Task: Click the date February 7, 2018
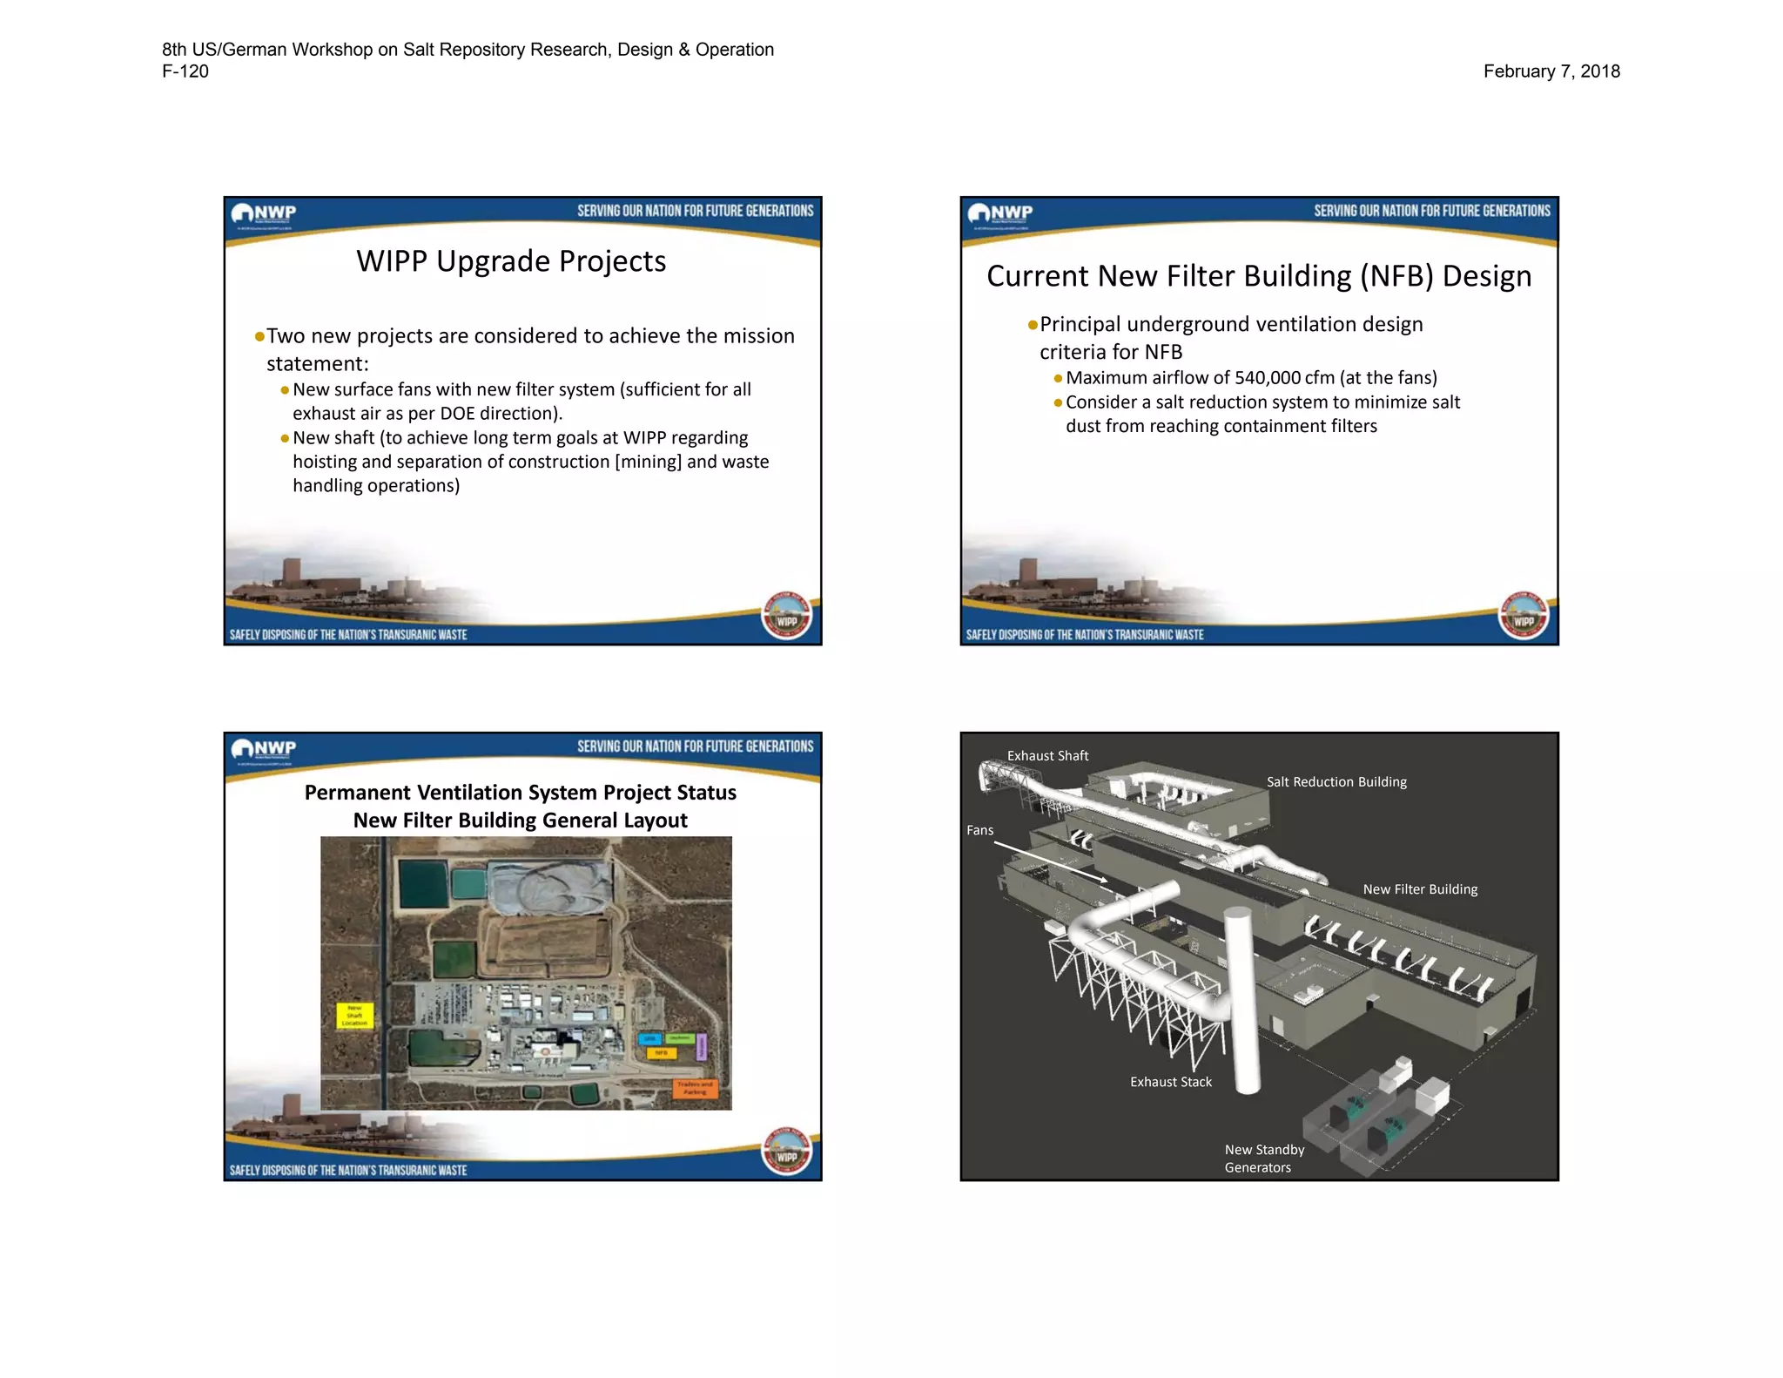point(1551,71)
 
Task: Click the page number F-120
point(185,71)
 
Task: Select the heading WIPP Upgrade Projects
point(511,261)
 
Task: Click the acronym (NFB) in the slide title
point(1396,276)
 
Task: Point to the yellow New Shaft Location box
point(354,1016)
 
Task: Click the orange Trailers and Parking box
point(695,1089)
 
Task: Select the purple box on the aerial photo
point(703,1046)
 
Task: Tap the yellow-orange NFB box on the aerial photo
point(661,1053)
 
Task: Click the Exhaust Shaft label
point(1047,756)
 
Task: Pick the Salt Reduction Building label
point(1336,782)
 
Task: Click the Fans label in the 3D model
point(979,831)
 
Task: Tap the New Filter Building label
point(1420,889)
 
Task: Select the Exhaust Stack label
point(1171,1082)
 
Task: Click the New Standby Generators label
point(1264,1158)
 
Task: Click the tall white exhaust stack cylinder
point(1243,1002)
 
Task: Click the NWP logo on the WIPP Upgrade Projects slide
point(264,213)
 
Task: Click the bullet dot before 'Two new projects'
point(259,337)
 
